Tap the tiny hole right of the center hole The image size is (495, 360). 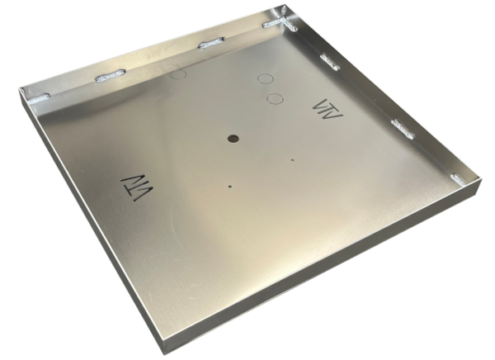pyautogui.click(x=292, y=159)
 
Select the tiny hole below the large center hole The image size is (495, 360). pyautogui.click(x=230, y=186)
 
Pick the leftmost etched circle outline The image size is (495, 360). pyautogui.click(x=179, y=74)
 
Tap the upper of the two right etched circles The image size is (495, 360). pyautogui.click(x=266, y=79)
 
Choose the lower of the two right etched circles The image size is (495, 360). pyautogui.click(x=276, y=99)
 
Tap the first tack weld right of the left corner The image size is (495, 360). pyautogui.click(x=110, y=77)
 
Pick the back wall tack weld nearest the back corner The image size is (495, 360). pyautogui.click(x=274, y=24)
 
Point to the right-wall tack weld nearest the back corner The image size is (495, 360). pyautogui.click(x=329, y=60)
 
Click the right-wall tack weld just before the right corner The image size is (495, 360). pyautogui.click(x=403, y=127)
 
